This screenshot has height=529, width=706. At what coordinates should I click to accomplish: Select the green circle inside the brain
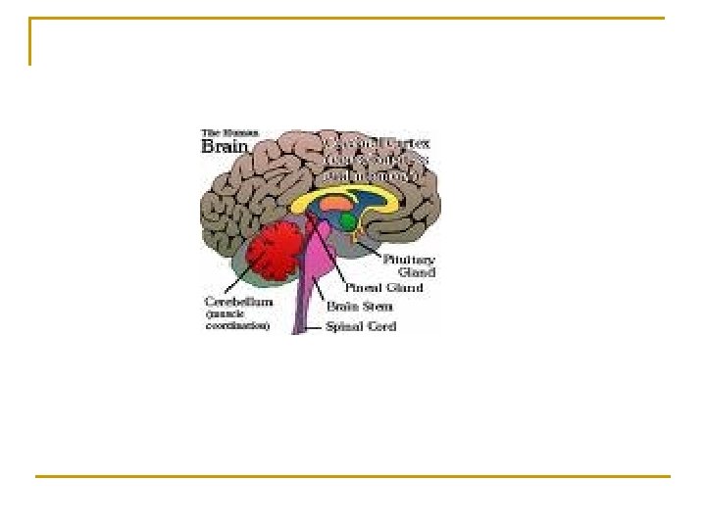(x=348, y=221)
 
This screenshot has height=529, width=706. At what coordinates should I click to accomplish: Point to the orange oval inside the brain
(x=335, y=204)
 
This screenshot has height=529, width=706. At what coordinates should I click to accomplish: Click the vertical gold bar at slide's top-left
(x=30, y=41)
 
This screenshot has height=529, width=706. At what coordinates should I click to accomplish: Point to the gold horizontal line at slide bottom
(x=353, y=477)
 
